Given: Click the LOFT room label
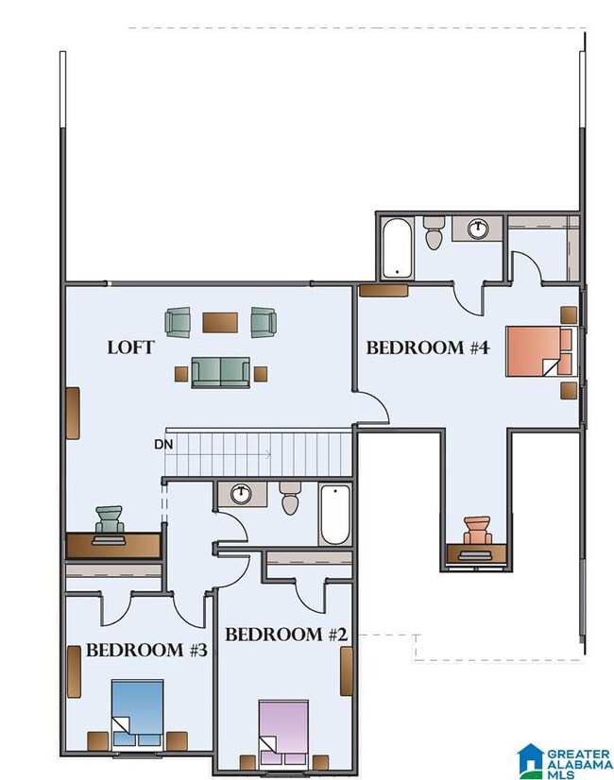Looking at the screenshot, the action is tap(131, 348).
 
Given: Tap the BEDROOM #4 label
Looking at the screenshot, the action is tap(428, 348).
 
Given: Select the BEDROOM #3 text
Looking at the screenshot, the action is tap(146, 651).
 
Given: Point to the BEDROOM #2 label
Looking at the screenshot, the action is tap(286, 635).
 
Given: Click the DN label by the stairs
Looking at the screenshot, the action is tap(163, 444).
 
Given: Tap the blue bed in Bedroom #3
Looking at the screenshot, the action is tap(138, 713).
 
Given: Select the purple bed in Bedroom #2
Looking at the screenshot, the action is tap(283, 732).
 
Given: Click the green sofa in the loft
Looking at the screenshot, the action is tap(220, 372).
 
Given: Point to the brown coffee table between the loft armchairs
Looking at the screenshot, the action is tap(220, 322).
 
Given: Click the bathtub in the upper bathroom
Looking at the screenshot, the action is tap(397, 248).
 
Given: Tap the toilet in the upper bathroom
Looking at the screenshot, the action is tap(434, 232).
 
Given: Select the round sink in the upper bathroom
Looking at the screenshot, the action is tap(478, 229).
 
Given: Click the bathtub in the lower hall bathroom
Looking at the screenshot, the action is tap(334, 516).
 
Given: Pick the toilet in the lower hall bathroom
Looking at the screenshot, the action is tap(290, 498).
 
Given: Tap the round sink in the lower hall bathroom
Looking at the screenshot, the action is tap(241, 494).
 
